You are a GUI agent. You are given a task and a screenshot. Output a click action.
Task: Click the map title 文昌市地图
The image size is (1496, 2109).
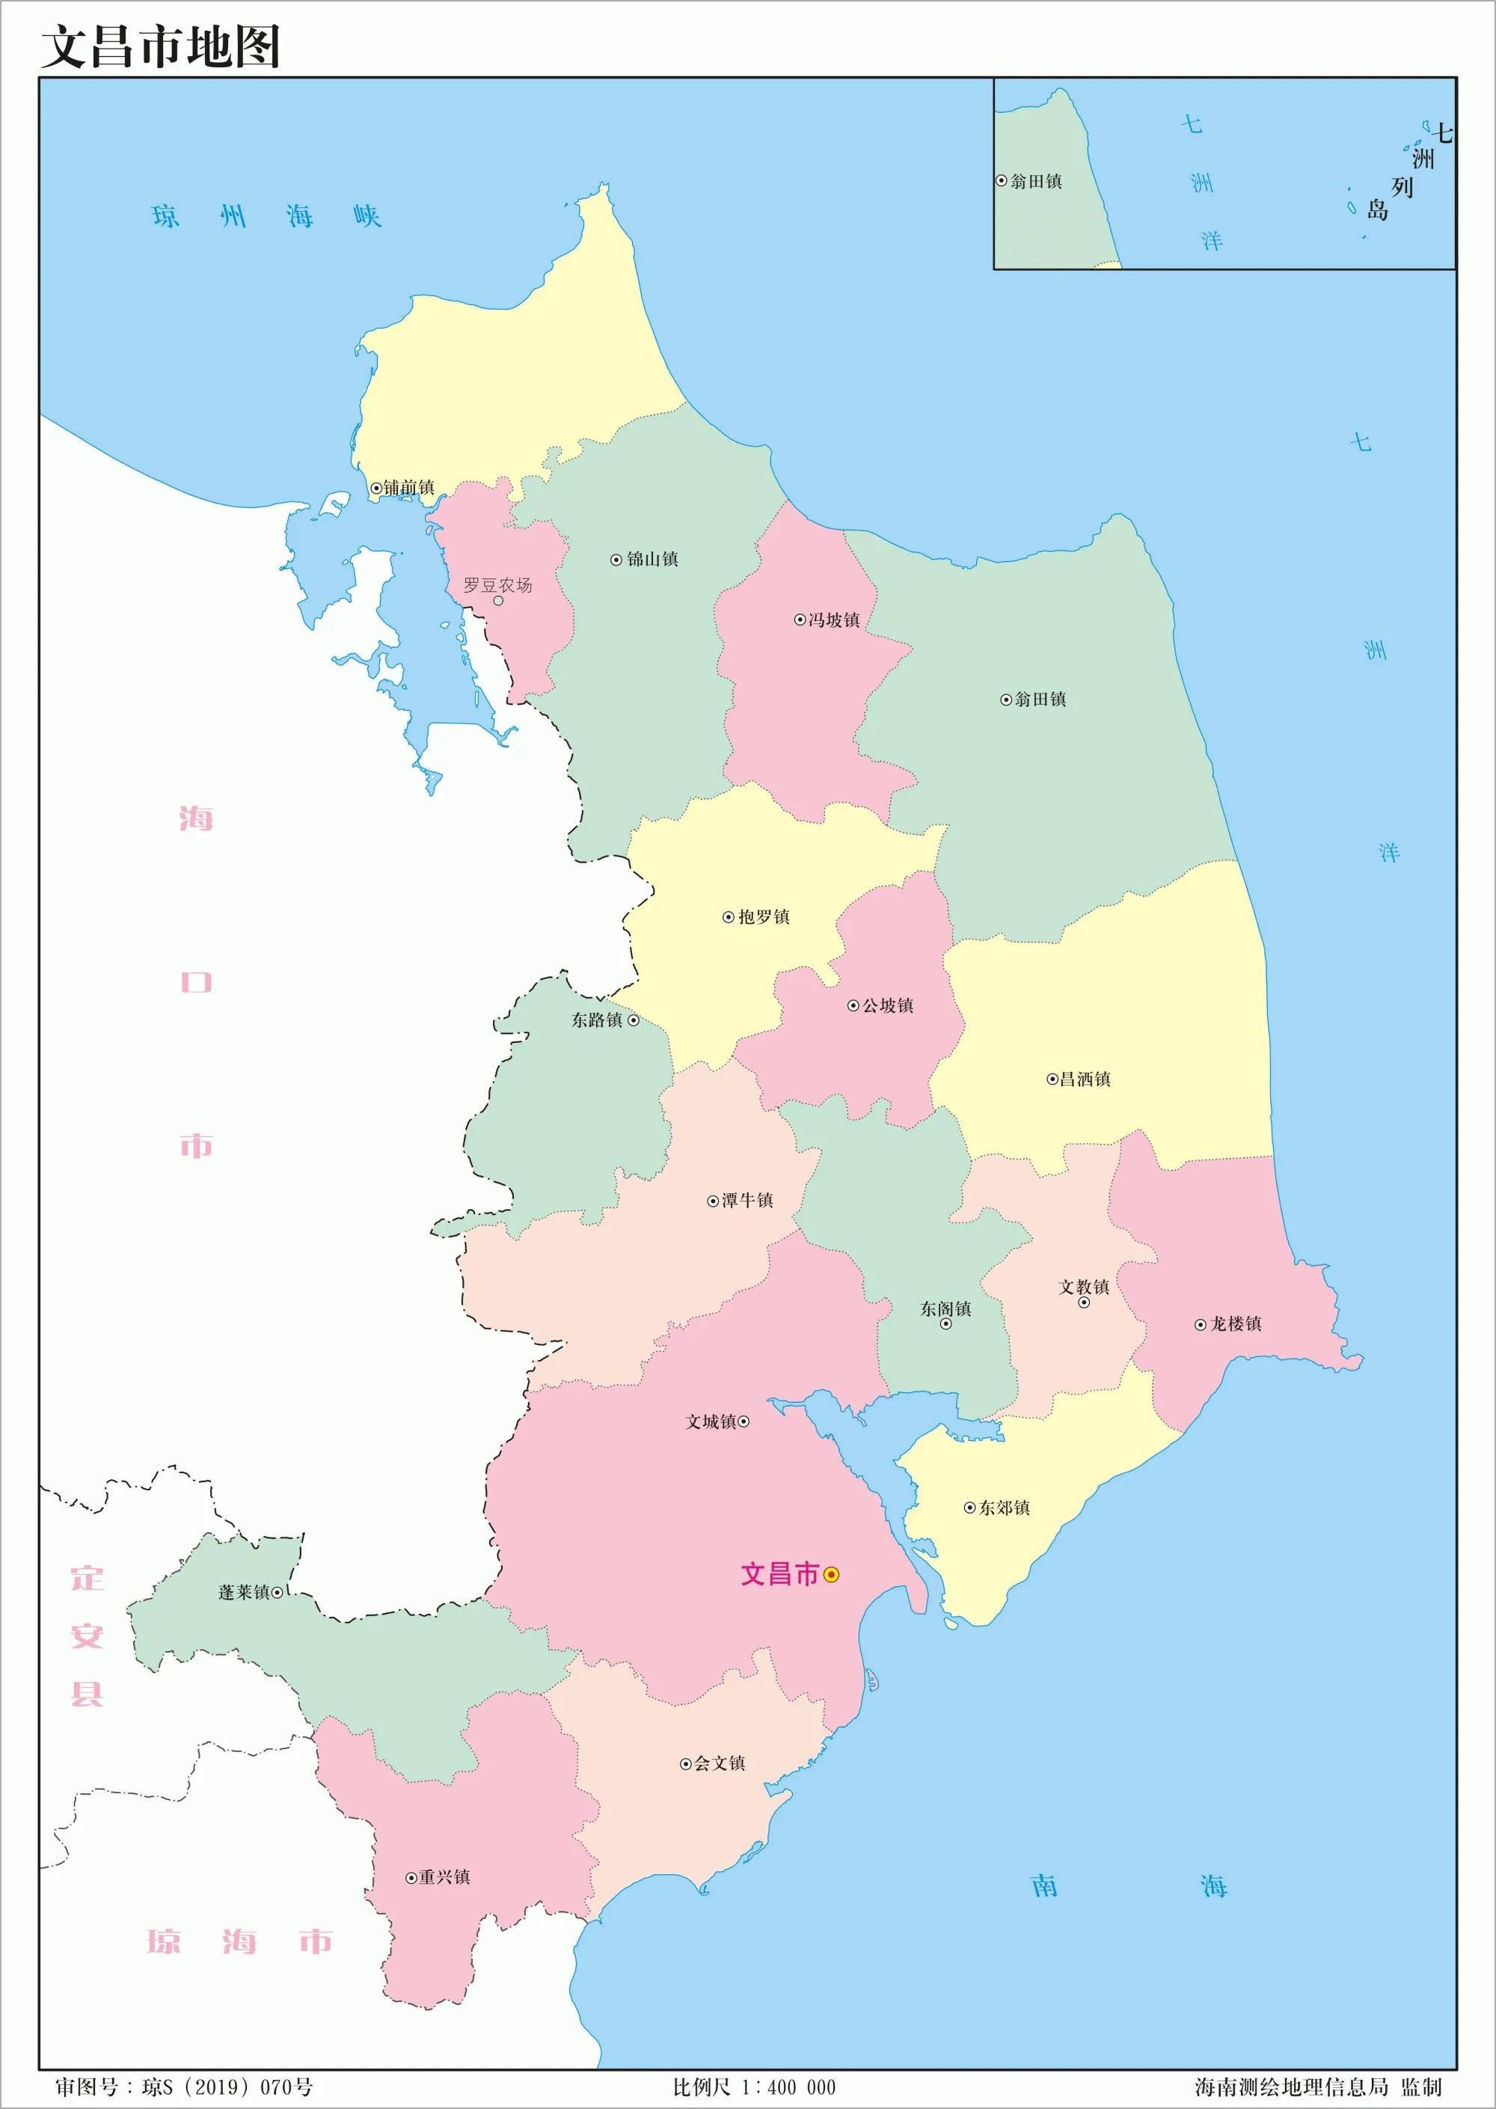click(x=160, y=46)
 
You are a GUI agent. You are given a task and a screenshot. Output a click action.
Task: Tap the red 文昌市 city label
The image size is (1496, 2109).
click(x=779, y=1573)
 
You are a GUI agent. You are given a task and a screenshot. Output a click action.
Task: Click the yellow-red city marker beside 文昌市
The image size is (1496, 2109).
click(x=831, y=1575)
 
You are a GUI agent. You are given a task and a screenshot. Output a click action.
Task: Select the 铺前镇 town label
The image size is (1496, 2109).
click(x=408, y=487)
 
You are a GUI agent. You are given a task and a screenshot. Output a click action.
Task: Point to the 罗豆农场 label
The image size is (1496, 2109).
click(x=497, y=585)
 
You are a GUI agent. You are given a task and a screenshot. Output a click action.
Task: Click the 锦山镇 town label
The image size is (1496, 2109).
click(x=652, y=560)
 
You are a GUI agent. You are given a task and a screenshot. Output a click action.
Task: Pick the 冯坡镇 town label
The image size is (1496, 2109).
click(x=834, y=620)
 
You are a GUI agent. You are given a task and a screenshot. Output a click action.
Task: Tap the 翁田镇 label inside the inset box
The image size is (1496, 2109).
click(x=1036, y=182)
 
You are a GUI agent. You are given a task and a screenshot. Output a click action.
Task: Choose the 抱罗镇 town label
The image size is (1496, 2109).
click(x=764, y=916)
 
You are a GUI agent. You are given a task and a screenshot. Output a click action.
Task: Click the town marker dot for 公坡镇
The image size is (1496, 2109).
click(x=853, y=1005)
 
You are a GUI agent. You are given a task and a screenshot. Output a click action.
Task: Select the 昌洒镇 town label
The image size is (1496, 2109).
click(x=1085, y=1079)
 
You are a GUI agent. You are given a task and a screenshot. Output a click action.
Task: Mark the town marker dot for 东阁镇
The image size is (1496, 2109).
click(x=945, y=1323)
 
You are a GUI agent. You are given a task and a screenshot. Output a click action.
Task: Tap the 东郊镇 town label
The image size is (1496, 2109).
click(x=1004, y=1507)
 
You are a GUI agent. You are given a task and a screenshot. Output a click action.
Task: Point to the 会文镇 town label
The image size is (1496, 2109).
click(x=720, y=1763)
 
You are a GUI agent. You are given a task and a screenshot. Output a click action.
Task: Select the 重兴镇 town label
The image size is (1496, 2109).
click(x=444, y=1877)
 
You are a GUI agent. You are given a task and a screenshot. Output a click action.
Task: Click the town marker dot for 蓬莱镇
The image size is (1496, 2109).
click(x=278, y=1591)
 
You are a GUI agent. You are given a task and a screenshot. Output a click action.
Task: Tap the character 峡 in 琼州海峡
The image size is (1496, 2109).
click(x=367, y=218)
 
